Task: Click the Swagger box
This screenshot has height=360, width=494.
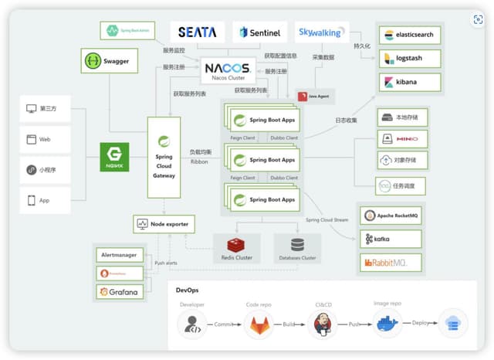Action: [104, 60]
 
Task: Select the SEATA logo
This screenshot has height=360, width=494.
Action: [197, 32]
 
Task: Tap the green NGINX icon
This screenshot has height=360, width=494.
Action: [114, 157]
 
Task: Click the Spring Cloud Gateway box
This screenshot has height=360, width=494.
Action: [164, 158]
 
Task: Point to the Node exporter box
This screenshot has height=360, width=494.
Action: [164, 224]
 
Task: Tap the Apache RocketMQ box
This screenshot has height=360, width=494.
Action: [391, 216]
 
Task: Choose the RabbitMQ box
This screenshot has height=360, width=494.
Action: [391, 263]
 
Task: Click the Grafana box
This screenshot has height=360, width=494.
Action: [120, 292]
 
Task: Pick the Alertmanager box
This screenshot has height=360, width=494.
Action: [120, 255]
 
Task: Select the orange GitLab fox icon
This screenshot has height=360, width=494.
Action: [259, 325]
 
